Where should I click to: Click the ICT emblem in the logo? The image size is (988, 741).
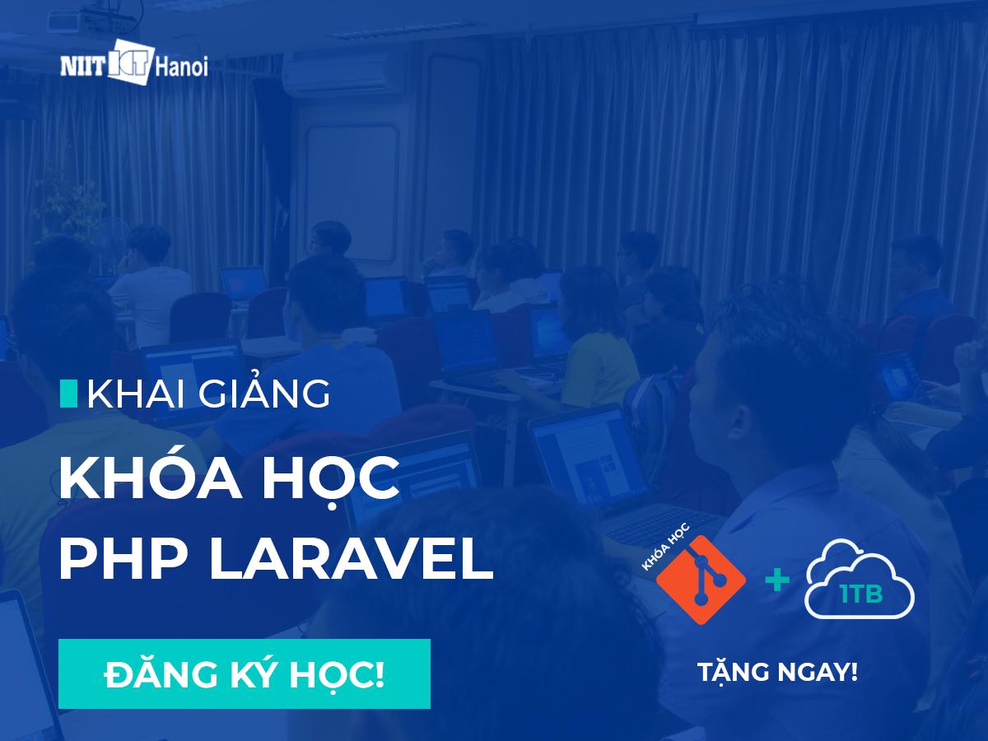click(x=133, y=63)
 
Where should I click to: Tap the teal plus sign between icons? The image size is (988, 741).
click(x=776, y=580)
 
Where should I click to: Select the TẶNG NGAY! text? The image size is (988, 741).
click(x=777, y=673)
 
